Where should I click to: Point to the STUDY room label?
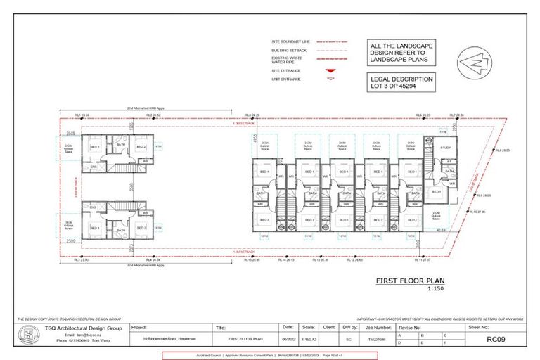pos(445,148)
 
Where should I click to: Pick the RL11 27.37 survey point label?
pos(422,260)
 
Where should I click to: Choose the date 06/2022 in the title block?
pos(288,339)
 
